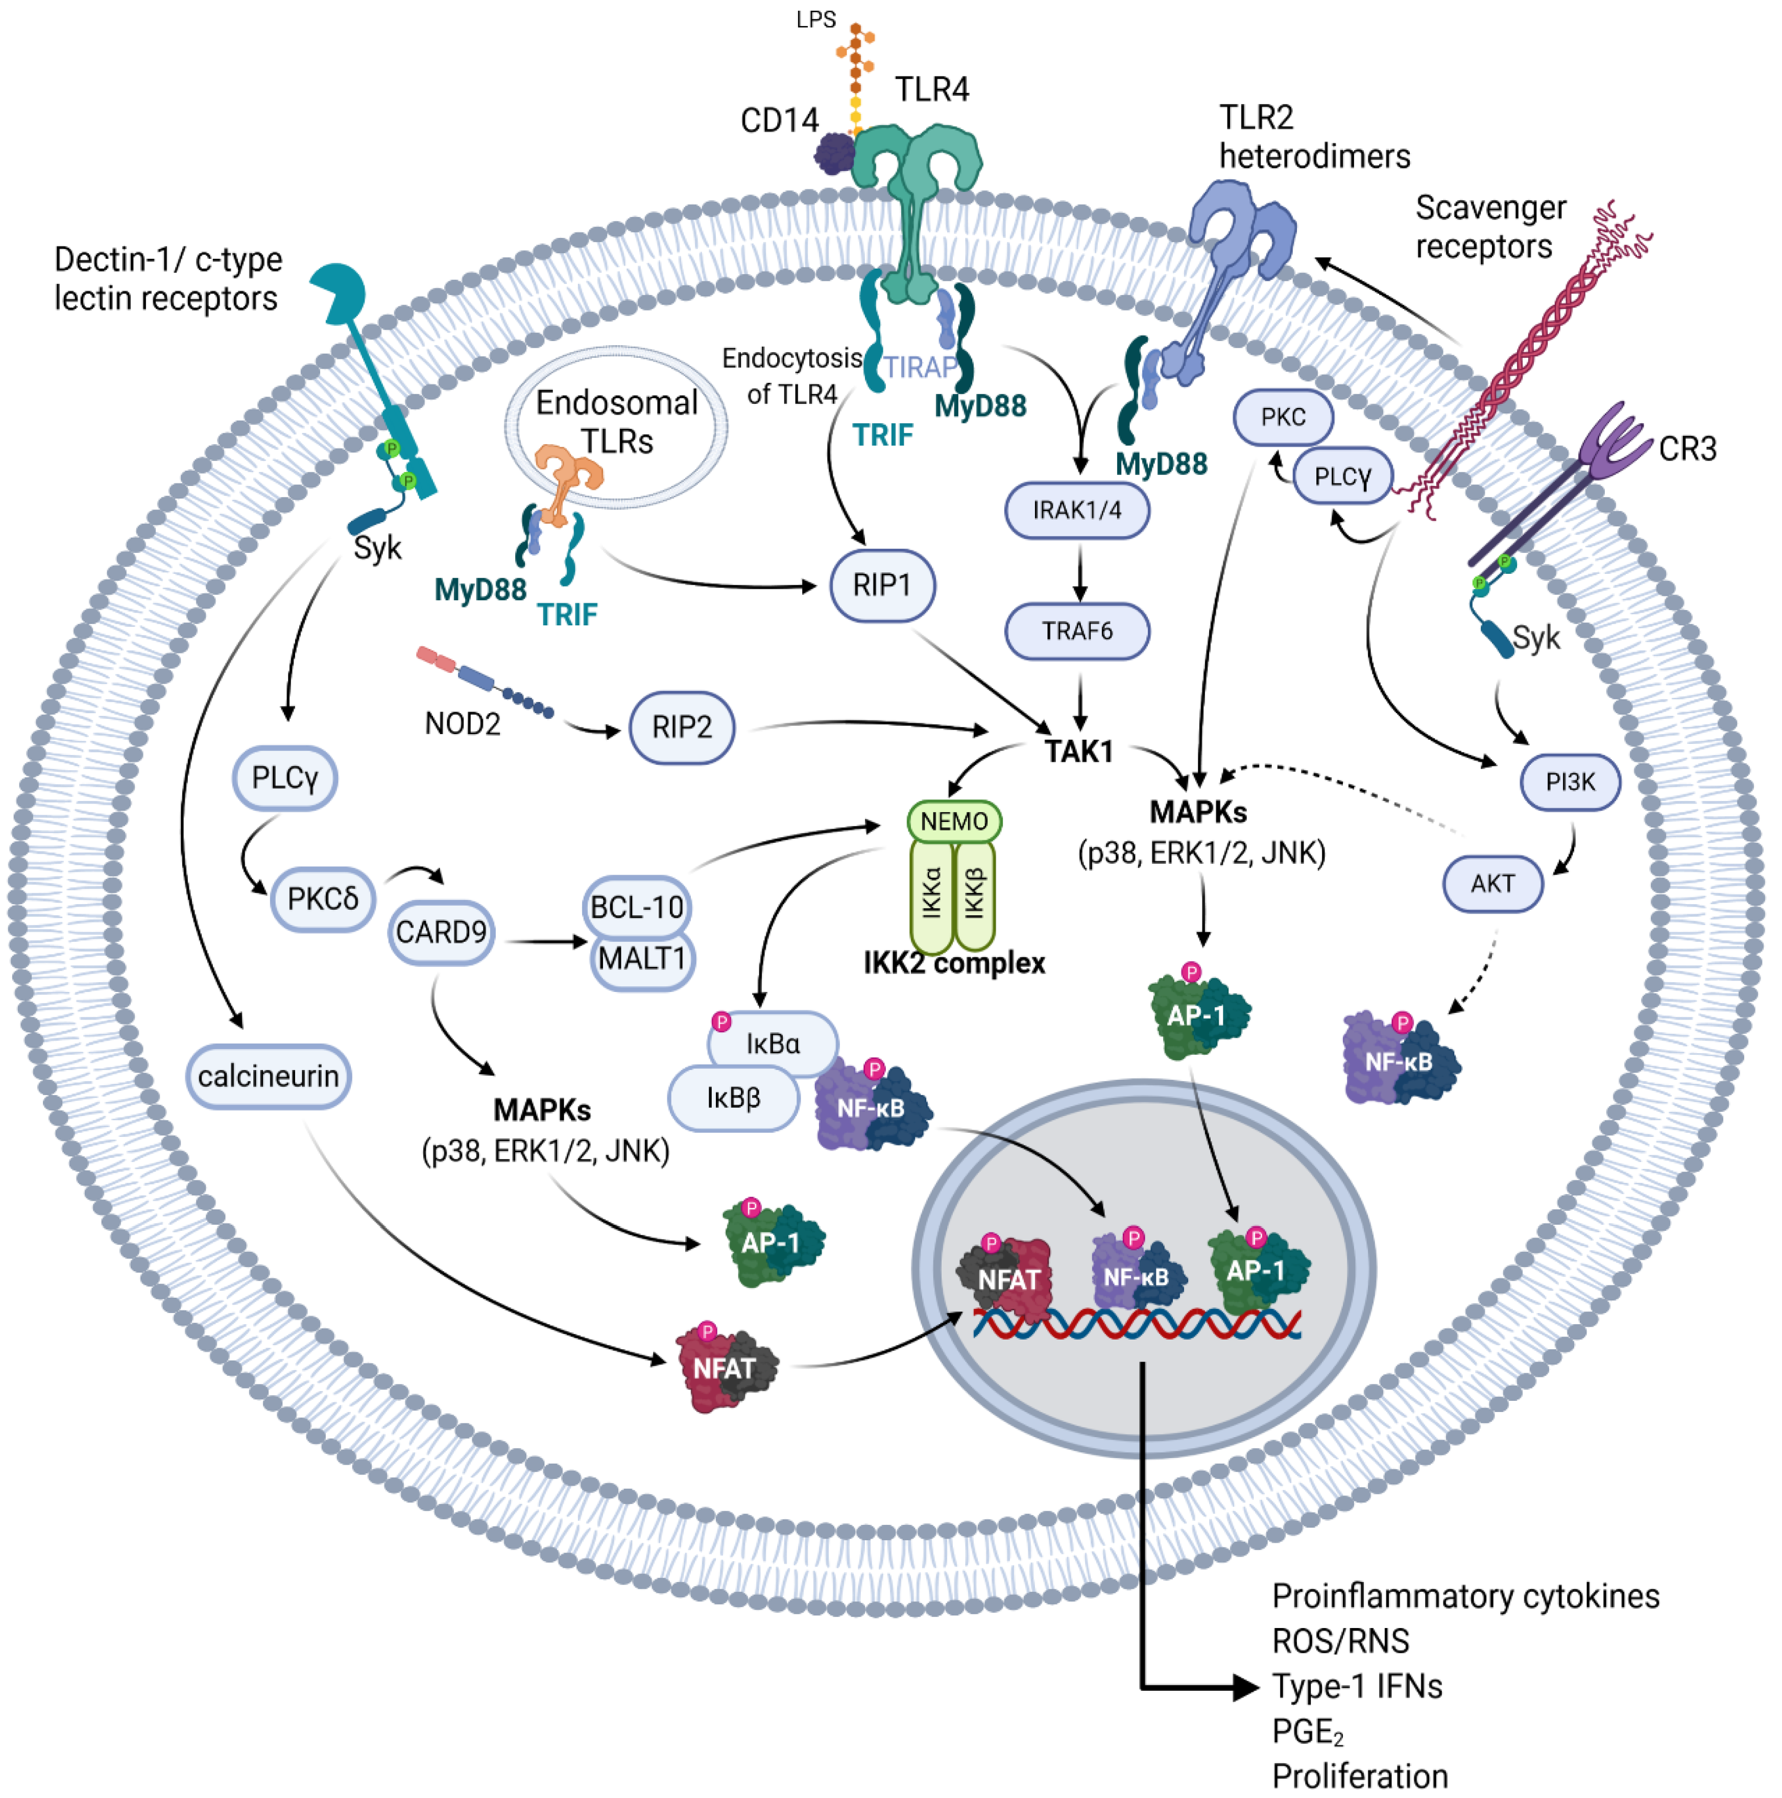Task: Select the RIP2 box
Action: [x=682, y=727]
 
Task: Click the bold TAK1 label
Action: [x=1078, y=751]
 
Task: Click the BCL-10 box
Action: [x=637, y=907]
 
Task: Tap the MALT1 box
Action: [x=642, y=959]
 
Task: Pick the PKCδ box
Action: [x=322, y=899]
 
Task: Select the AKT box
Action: [x=1492, y=883]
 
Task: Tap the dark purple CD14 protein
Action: [x=835, y=154]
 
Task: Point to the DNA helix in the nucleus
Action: [x=1137, y=1322]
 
